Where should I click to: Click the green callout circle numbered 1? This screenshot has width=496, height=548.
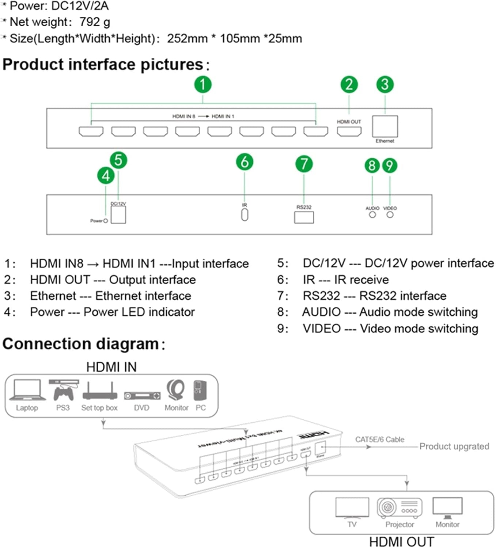pos(202,84)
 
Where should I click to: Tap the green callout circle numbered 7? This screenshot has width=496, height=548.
pos(304,164)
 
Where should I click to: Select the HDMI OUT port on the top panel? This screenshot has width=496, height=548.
pos(349,132)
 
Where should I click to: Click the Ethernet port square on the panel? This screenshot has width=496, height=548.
pos(385,126)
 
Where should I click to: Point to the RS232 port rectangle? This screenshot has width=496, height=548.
pos(304,217)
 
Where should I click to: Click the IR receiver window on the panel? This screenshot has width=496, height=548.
pos(245,214)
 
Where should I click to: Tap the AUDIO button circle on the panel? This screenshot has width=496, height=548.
pos(372,215)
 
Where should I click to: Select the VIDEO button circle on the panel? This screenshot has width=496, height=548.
pos(390,215)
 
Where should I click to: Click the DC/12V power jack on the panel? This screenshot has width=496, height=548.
pos(118,215)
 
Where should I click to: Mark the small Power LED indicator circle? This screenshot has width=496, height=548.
pos(106,221)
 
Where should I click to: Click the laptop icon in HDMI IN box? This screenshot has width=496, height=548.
pos(27,390)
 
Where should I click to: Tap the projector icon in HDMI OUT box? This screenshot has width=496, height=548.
pos(400,507)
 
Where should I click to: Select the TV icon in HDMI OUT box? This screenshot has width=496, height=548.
pos(352,507)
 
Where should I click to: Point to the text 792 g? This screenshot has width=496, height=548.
pos(95,22)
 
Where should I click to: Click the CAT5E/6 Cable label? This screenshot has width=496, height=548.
pos(380,439)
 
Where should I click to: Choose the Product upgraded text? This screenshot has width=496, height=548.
pos(454,446)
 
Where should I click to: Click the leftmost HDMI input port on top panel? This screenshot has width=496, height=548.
pos(91,132)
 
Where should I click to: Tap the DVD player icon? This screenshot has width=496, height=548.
pos(142,396)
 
